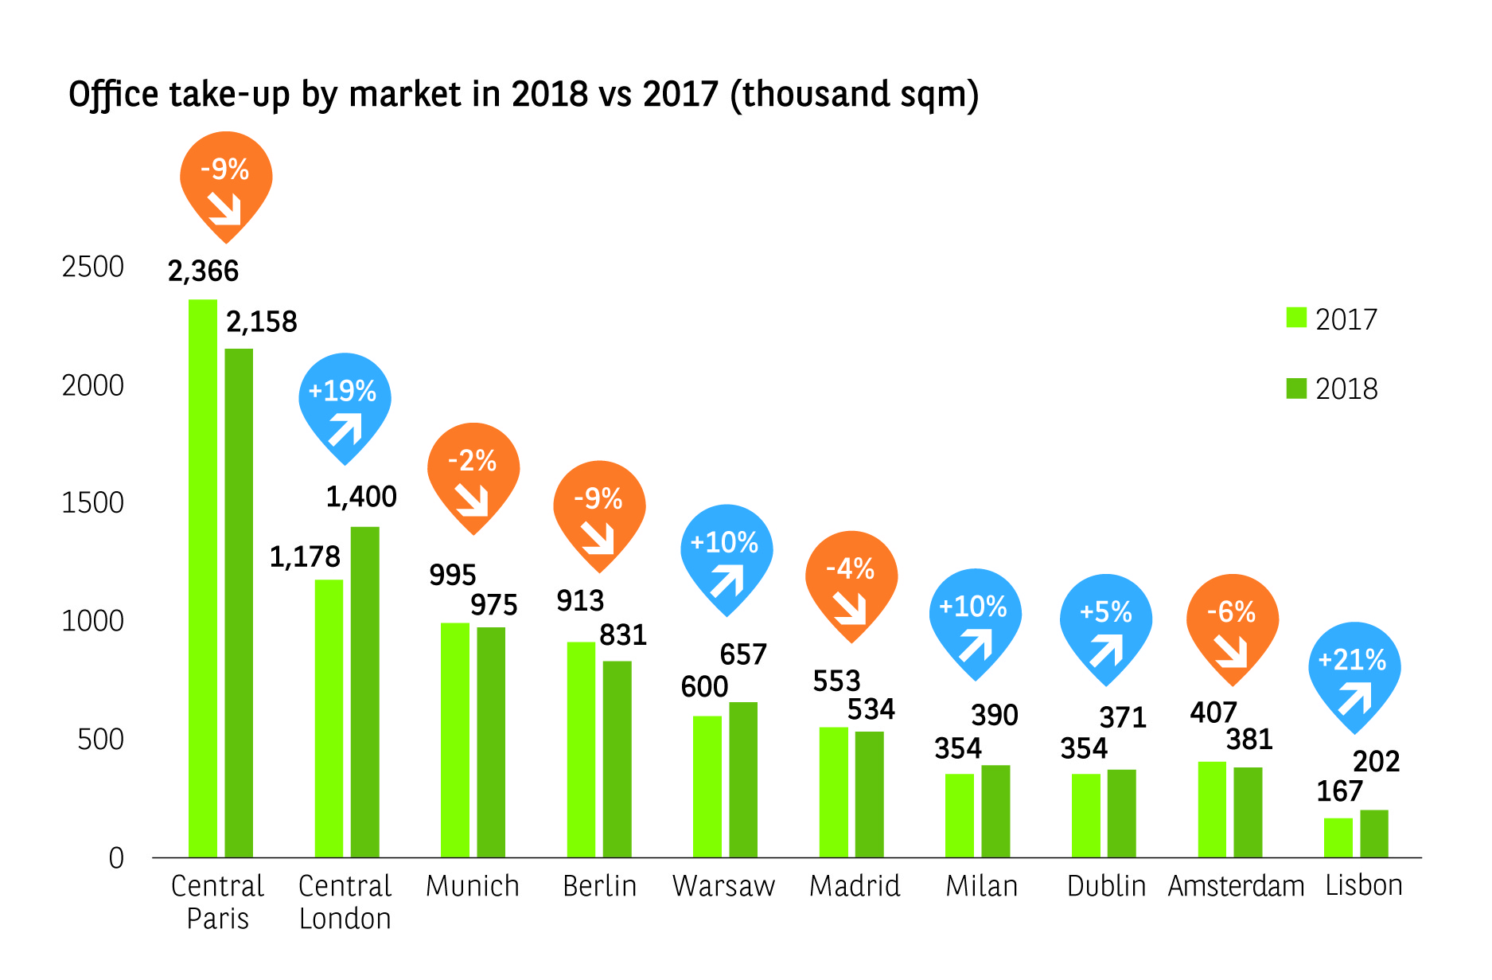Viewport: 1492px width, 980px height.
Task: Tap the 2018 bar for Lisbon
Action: [1373, 834]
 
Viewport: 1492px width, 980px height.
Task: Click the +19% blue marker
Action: [344, 402]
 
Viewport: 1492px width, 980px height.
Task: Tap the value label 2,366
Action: [203, 271]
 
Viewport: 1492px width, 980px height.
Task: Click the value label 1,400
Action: [361, 497]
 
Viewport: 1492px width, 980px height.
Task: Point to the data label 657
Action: [742, 654]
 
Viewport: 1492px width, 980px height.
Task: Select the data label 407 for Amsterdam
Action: [1213, 712]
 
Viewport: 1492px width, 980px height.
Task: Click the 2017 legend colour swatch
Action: [1296, 318]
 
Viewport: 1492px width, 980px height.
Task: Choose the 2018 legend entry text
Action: [1346, 388]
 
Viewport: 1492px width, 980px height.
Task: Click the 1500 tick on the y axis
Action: [92, 502]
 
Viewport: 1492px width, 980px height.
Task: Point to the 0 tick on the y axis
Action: [116, 857]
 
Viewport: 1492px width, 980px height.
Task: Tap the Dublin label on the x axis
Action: [1106, 886]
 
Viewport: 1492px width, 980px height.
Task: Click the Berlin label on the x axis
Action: [599, 886]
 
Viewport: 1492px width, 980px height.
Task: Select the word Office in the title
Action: [113, 95]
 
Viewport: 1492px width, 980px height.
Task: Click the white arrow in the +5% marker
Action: [1106, 650]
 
